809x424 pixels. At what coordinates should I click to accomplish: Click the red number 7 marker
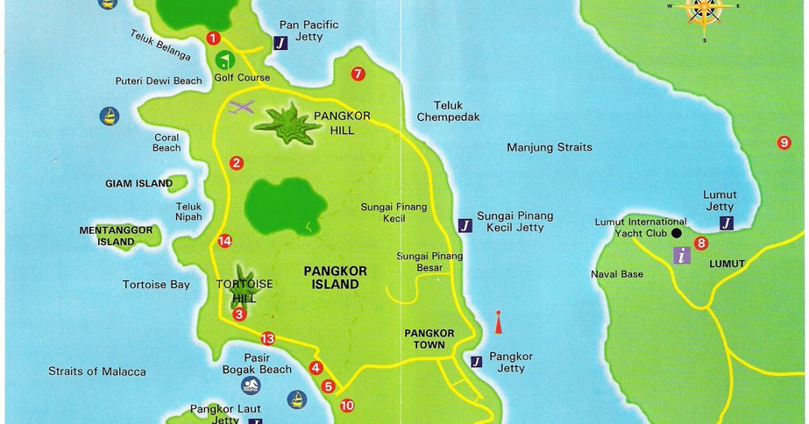[358, 74]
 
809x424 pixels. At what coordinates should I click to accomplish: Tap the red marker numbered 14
[225, 241]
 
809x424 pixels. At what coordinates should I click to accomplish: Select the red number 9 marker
[784, 143]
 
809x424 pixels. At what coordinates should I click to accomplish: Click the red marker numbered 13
[267, 339]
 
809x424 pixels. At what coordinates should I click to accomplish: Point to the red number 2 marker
[236, 162]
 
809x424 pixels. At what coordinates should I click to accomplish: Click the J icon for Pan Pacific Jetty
[280, 42]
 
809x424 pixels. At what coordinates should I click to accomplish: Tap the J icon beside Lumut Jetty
[726, 223]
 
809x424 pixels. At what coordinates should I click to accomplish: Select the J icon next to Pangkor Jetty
[476, 361]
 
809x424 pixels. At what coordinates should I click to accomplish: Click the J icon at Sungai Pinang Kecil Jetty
[465, 225]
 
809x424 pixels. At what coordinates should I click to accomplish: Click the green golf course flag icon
[225, 60]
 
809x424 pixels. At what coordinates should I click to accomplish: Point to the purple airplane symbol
[240, 108]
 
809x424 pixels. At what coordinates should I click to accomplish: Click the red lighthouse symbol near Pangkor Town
[498, 322]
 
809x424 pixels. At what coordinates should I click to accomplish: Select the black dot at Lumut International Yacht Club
[676, 233]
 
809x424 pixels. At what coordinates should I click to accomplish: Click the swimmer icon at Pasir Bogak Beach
[252, 386]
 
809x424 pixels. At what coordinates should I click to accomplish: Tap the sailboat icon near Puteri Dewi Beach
[109, 116]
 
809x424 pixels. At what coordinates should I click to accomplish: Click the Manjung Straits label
[550, 147]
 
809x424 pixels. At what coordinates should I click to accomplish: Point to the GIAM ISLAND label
[138, 184]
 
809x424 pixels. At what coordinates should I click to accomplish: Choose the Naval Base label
[616, 274]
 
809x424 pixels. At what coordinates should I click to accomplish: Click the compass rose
[704, 9]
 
